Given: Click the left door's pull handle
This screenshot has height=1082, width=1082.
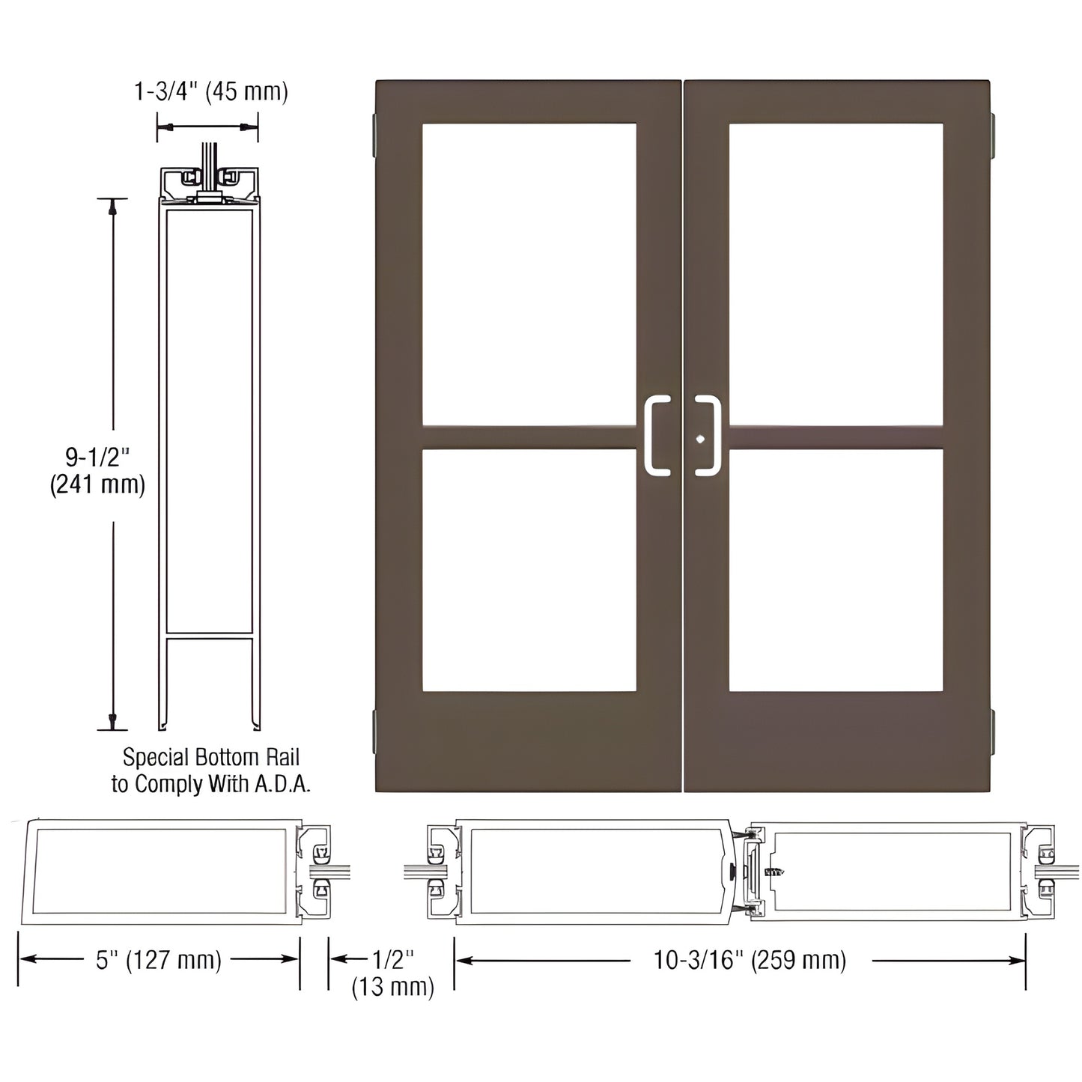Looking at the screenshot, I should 656,436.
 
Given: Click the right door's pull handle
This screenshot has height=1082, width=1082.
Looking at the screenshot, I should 708,436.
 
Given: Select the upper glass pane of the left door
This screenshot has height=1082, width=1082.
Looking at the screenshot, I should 529,274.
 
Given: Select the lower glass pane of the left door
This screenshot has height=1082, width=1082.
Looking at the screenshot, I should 529,569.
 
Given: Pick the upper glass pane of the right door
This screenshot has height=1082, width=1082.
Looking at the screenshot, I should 836,274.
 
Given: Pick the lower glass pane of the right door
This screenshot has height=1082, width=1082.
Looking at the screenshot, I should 836,569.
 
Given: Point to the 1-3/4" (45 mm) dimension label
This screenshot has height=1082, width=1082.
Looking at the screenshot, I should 210,91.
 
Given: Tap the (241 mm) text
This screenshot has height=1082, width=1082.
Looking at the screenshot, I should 97,485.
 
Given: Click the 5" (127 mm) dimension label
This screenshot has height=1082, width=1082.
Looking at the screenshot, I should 159,960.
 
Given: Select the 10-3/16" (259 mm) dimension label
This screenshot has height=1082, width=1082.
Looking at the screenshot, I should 750,960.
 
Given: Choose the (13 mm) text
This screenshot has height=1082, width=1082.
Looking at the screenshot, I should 392,987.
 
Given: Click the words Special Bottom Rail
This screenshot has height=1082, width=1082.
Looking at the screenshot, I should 210,757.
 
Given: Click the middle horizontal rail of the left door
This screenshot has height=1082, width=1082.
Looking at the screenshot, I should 529,437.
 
